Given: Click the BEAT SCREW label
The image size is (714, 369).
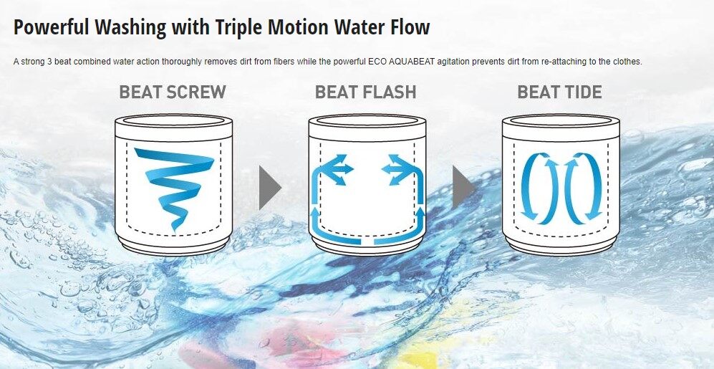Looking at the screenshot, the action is pyautogui.click(x=173, y=92).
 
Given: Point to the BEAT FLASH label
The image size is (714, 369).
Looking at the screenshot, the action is pyautogui.click(x=366, y=92).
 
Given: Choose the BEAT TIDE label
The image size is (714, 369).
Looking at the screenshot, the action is pyautogui.click(x=559, y=92).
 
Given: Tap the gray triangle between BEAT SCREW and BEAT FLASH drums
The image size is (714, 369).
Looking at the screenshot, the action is pyautogui.click(x=270, y=188).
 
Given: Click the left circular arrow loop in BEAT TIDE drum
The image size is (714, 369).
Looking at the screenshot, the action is pyautogui.click(x=539, y=188).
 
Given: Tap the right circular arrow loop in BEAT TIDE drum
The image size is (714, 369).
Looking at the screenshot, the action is pyautogui.click(x=584, y=188).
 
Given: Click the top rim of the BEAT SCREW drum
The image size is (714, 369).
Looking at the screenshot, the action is pyautogui.click(x=173, y=120).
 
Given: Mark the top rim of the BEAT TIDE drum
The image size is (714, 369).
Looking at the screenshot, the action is pyautogui.click(x=561, y=120).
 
